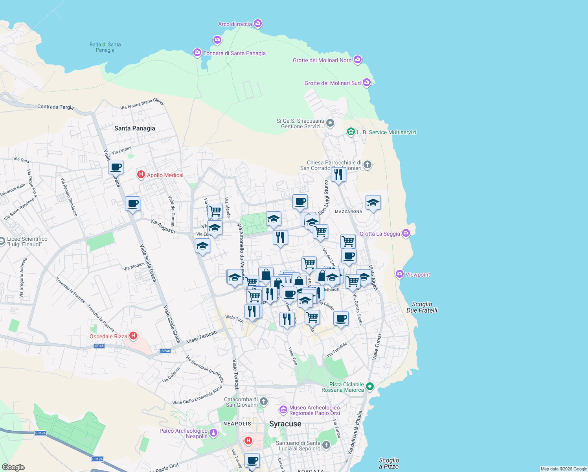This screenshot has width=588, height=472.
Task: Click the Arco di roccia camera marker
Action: click(258, 24)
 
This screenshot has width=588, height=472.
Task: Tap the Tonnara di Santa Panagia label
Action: click(234, 53)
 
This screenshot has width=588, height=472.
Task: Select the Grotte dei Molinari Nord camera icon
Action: click(357, 60)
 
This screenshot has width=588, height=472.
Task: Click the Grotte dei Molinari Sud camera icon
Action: click(366, 83)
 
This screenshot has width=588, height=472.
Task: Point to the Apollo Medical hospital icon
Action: click(141, 174)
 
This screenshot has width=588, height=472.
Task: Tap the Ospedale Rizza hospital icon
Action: click(133, 336)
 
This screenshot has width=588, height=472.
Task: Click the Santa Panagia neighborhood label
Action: click(134, 128)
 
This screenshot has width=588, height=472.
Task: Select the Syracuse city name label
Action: click(285, 424)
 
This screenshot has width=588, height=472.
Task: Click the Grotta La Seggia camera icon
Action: click(406, 233)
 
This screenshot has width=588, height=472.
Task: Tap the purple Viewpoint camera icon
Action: click(400, 274)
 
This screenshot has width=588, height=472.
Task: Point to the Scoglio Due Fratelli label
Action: click(422, 307)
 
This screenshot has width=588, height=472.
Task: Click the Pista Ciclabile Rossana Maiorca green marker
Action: click(369, 387)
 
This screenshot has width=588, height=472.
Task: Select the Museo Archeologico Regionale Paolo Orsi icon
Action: click(283, 410)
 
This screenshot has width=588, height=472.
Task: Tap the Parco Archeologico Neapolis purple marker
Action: click(213, 433)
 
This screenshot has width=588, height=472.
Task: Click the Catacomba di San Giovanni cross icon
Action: click(264, 402)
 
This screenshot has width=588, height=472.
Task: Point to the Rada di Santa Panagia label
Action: click(105, 47)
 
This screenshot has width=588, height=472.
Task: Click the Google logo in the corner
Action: click(13, 467)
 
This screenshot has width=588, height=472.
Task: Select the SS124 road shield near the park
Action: click(40, 433)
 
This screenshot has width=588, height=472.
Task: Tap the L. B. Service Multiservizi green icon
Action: click(351, 132)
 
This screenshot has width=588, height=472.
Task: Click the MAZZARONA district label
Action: click(348, 212)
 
